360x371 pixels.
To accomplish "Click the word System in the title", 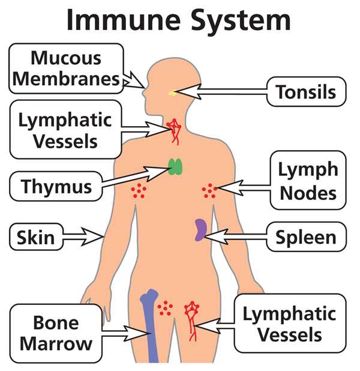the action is pos(241,22).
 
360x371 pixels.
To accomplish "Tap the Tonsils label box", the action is pos(307,92).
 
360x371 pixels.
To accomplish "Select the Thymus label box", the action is pos(56,187).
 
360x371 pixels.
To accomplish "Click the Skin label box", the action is pos(36,237).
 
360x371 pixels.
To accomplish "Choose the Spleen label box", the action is pos(307,237).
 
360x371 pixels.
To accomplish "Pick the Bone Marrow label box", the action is pos(56,333).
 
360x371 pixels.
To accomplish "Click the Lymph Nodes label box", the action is pos(308,180).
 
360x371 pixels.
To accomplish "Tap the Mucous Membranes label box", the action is pos(66,68).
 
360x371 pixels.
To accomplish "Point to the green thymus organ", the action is pos(175,167).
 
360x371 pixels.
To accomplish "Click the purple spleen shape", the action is pos(200,230).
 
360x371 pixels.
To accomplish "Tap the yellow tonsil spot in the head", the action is pos(172,94).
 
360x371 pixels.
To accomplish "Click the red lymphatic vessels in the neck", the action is pos(174,131).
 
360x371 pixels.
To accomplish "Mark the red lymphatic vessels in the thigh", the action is pos(192,321).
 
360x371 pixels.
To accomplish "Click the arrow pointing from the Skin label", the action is pos(83,237).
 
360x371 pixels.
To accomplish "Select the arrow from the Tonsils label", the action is pos(221,92).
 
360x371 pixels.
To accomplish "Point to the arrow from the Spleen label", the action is pos(235,237).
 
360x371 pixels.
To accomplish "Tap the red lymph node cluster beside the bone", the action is pos(165,308).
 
